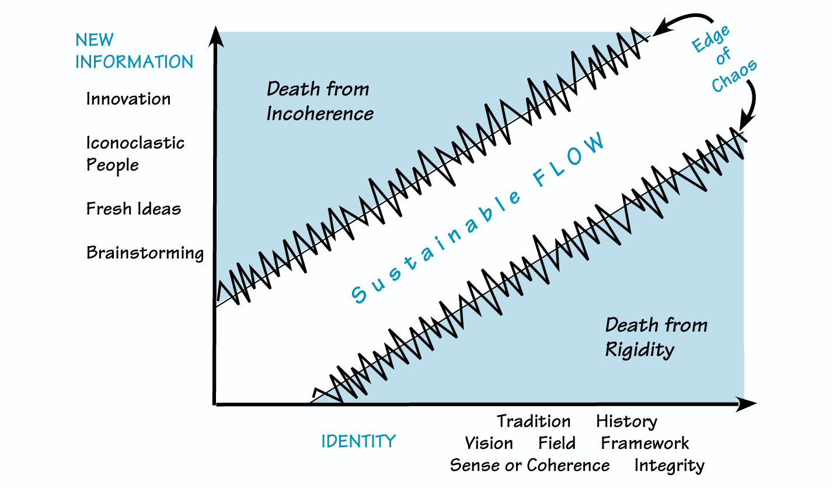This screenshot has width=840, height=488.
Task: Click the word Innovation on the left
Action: tap(128, 99)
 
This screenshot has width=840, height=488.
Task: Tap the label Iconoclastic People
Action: tap(135, 153)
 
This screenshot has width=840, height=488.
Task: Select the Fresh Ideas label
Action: tap(134, 209)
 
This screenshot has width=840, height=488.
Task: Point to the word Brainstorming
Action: tap(145, 253)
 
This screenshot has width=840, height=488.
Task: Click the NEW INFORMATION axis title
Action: tap(134, 51)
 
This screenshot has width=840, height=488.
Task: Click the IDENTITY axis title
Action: tap(358, 441)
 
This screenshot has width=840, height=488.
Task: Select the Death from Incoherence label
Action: tap(319, 101)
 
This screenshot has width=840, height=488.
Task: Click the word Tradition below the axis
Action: tap(534, 421)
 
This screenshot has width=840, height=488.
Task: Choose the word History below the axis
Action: tap(626, 421)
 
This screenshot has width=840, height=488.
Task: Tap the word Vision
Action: tap(489, 443)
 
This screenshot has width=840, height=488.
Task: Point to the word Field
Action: tap(557, 443)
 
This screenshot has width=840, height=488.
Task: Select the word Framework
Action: tap(645, 443)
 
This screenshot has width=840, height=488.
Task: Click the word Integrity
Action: tap(669, 466)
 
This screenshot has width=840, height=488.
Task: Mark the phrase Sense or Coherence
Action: tap(529, 466)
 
